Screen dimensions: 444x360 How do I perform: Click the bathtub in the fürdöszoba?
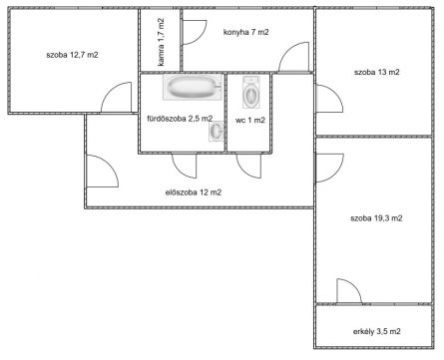pyautogui.click(x=192, y=87)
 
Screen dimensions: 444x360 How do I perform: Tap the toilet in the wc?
pyautogui.click(x=251, y=93)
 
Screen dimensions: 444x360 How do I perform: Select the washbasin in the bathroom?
pyautogui.click(x=217, y=131)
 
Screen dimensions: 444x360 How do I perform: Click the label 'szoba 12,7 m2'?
pyautogui.click(x=72, y=55)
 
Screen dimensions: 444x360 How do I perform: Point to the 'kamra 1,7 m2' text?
pyautogui.click(x=161, y=42)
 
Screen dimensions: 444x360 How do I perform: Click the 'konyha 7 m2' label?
pyautogui.click(x=246, y=32)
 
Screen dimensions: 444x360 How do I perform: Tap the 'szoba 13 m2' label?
pyautogui.click(x=377, y=72)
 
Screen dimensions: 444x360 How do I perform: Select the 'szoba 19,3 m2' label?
pyautogui.click(x=376, y=218)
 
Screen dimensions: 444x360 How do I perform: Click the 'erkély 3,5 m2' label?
pyautogui.click(x=376, y=331)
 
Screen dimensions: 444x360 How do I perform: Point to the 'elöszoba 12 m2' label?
pyautogui.click(x=194, y=192)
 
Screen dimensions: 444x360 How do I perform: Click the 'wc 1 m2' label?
pyautogui.click(x=250, y=120)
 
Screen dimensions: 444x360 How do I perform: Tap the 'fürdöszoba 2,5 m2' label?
pyautogui.click(x=180, y=119)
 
